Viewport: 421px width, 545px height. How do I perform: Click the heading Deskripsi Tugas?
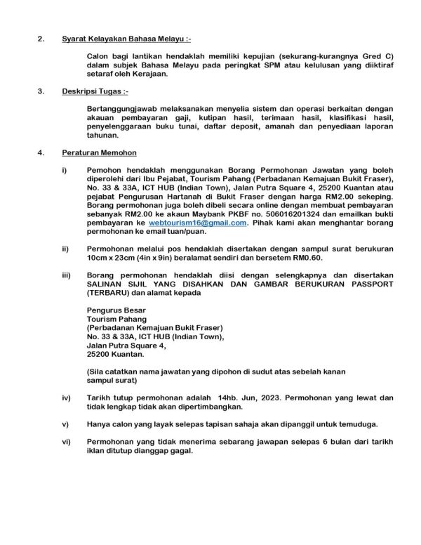[94, 91]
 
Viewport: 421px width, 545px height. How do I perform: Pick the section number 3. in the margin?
[41, 91]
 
